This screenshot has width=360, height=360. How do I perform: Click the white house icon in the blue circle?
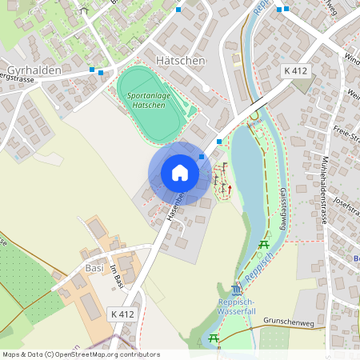pos(180,173)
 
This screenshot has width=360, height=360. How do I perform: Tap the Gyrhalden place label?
pos(34,70)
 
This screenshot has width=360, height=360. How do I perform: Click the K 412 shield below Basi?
pos(123,314)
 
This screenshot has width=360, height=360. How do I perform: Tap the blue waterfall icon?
pos(234,289)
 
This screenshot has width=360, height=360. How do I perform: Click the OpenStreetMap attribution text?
pos(81,354)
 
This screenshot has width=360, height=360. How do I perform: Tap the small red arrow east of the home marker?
pos(230,189)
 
